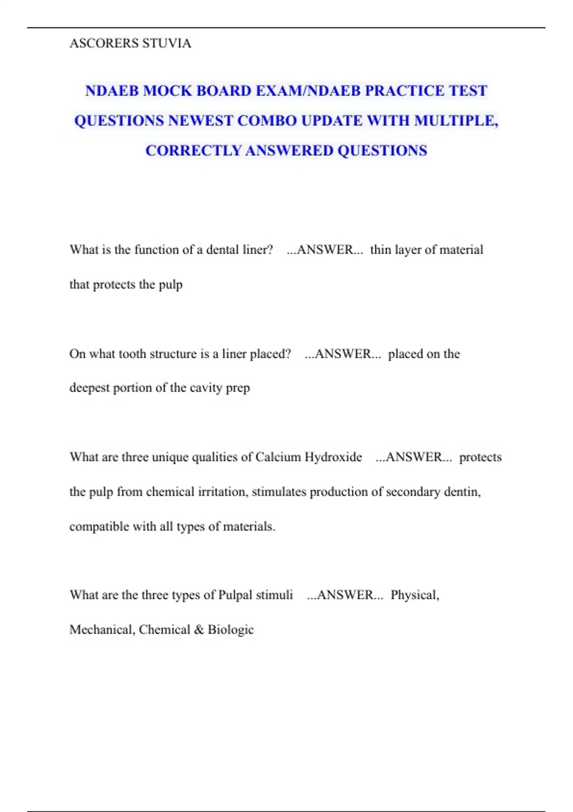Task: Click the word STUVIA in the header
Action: [167, 43]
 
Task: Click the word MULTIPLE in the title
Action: [456, 121]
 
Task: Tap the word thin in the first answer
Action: [381, 250]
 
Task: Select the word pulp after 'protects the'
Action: [170, 285]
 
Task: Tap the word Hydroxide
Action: [333, 457]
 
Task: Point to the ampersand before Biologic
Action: [199, 630]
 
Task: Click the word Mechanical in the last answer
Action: [101, 630]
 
